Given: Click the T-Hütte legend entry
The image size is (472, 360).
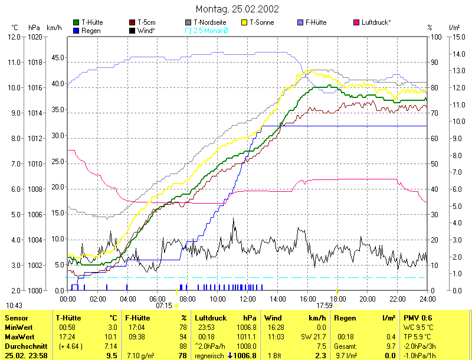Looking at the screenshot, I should (x=92, y=22).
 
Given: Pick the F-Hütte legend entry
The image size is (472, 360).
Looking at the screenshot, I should (x=319, y=22).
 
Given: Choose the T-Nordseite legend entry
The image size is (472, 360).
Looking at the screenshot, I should (x=209, y=22).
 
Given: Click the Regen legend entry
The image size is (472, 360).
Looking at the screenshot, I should (x=91, y=30).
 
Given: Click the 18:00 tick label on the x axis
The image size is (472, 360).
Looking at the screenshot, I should (x=337, y=299).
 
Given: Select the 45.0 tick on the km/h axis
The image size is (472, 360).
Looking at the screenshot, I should (x=57, y=58).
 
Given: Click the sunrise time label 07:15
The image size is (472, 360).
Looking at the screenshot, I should (x=164, y=306).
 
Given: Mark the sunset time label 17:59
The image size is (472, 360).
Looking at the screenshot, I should (x=325, y=306).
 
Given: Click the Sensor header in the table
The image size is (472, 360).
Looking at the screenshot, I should (x=16, y=318).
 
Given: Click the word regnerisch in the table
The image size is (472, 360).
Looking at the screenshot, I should (x=212, y=356).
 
